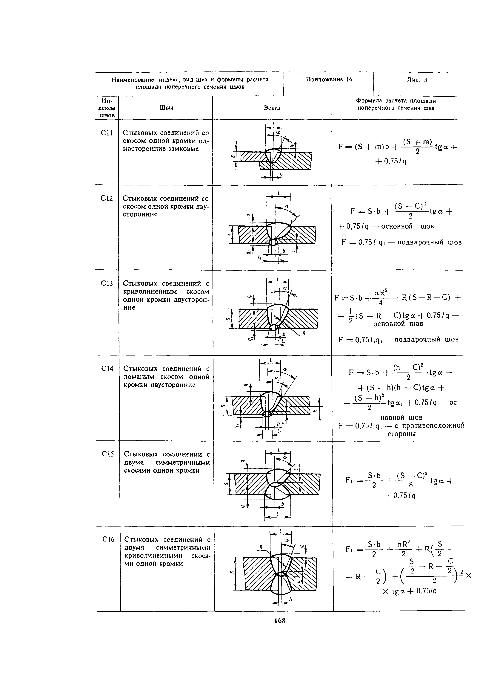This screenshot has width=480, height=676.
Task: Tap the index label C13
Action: (107, 283)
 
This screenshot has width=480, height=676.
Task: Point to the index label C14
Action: (107, 369)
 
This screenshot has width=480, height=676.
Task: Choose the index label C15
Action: (108, 454)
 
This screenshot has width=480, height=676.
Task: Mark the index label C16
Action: (108, 539)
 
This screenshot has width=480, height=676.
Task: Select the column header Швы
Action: (166, 108)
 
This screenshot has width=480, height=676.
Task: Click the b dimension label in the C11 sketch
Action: (281, 176)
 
